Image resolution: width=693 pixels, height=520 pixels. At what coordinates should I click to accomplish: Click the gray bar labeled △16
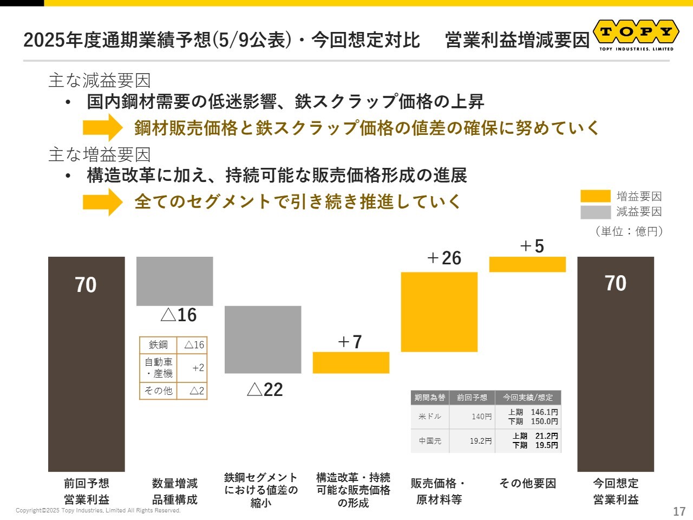point(174,281)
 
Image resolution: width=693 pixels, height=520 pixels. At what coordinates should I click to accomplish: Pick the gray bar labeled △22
point(263,340)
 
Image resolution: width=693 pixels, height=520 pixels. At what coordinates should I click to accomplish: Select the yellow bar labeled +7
point(351,362)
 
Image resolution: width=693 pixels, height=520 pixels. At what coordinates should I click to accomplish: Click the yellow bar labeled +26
point(439,312)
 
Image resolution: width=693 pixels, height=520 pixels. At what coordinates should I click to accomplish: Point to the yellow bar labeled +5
point(527,264)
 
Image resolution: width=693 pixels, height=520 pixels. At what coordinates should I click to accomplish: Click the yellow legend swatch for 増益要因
point(595,196)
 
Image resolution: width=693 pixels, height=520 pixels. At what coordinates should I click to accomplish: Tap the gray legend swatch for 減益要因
point(595,212)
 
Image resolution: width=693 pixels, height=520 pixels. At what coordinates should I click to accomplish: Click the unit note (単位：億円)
point(629,231)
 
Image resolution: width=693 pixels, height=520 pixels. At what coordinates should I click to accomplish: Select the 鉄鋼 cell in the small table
point(158,344)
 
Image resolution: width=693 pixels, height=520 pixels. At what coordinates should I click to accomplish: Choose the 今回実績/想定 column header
point(528,398)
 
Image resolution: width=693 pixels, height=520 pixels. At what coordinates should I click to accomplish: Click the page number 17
point(679,511)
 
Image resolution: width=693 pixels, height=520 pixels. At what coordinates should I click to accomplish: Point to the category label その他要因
point(527,483)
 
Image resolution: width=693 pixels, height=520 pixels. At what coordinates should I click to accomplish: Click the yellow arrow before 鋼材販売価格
point(102,127)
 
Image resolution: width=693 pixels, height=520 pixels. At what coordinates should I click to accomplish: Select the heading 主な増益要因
point(100,155)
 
